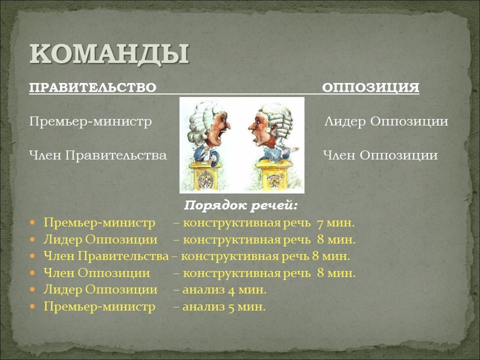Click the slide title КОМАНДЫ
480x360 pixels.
point(109,54)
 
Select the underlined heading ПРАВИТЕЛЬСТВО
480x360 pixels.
point(93,87)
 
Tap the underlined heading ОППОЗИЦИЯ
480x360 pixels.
point(370,87)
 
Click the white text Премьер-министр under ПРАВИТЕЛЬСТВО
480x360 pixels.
point(90,121)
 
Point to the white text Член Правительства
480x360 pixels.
point(98,155)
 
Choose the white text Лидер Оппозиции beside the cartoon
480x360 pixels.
point(386,121)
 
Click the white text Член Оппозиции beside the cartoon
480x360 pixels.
point(380,155)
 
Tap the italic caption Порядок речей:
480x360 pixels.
point(240,205)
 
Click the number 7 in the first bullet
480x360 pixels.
point(320,223)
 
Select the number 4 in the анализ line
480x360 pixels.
point(231,290)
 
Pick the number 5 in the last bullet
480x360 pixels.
point(231,307)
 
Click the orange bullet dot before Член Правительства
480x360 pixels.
point(33,255)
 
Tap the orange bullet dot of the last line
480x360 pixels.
point(33,306)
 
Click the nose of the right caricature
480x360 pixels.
point(251,126)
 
